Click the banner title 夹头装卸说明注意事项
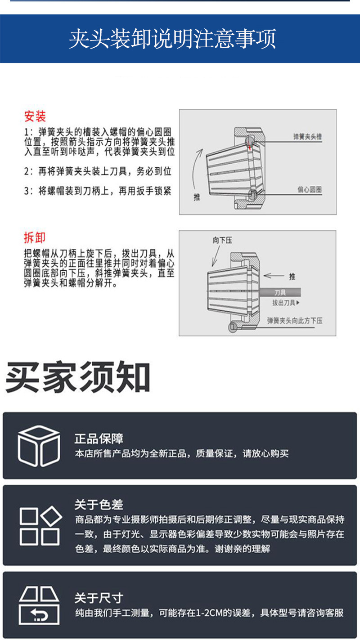(x=172, y=40)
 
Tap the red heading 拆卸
(x=35, y=238)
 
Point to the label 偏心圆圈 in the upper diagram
(x=310, y=191)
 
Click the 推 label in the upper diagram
(x=197, y=197)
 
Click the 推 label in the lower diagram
(x=292, y=276)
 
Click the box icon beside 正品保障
(x=39, y=445)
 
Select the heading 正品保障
(x=99, y=439)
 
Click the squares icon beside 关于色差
(x=40, y=525)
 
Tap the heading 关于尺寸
(x=99, y=598)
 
